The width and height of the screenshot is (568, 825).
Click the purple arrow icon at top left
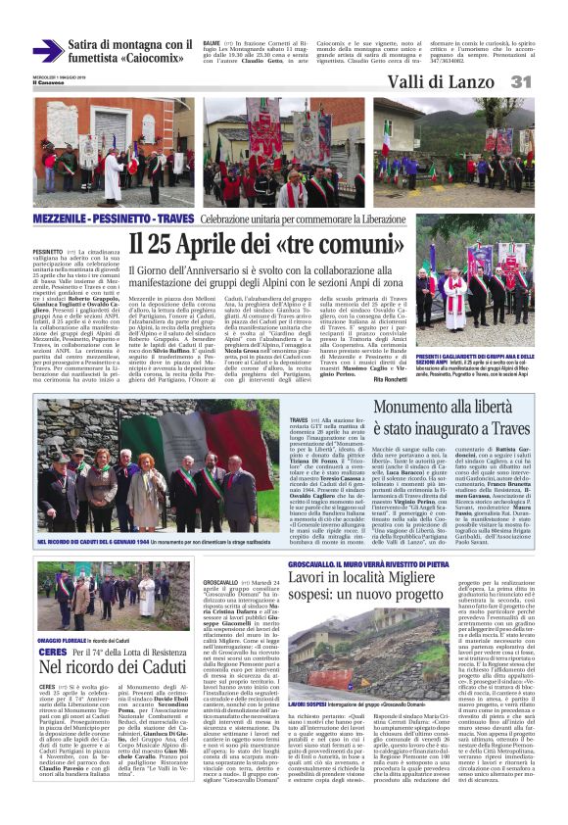point(47,51)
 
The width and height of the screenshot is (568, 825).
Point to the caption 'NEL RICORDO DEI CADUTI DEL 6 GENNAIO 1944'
point(94,540)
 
